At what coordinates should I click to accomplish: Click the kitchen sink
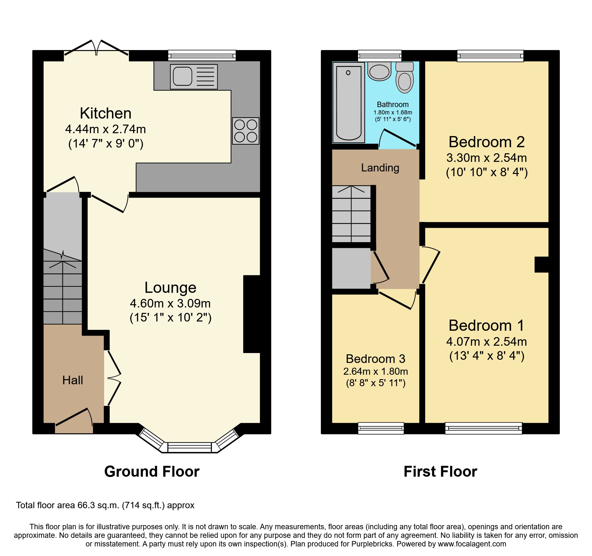[x=194, y=77]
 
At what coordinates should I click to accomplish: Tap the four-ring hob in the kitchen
[x=245, y=131]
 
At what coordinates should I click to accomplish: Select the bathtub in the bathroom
[x=349, y=102]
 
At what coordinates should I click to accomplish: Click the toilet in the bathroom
[x=405, y=78]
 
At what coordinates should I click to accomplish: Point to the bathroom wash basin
[x=379, y=71]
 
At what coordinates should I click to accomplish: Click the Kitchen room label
[x=105, y=113]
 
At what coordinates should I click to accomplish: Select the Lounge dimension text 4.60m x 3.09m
[x=170, y=303]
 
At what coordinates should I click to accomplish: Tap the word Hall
[x=73, y=380]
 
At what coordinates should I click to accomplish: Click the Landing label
[x=380, y=168]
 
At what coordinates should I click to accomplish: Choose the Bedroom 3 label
[x=376, y=359]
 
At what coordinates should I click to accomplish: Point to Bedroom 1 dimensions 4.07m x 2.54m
[x=486, y=342]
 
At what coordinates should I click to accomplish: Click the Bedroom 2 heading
[x=486, y=142]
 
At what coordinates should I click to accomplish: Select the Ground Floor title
[x=152, y=472]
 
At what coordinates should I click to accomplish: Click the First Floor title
[x=440, y=472]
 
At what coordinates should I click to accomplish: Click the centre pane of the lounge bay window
[x=190, y=447]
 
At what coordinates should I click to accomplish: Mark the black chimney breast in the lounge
[x=252, y=314]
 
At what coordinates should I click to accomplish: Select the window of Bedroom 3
[x=381, y=428]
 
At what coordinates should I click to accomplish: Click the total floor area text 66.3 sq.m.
[x=105, y=505]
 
